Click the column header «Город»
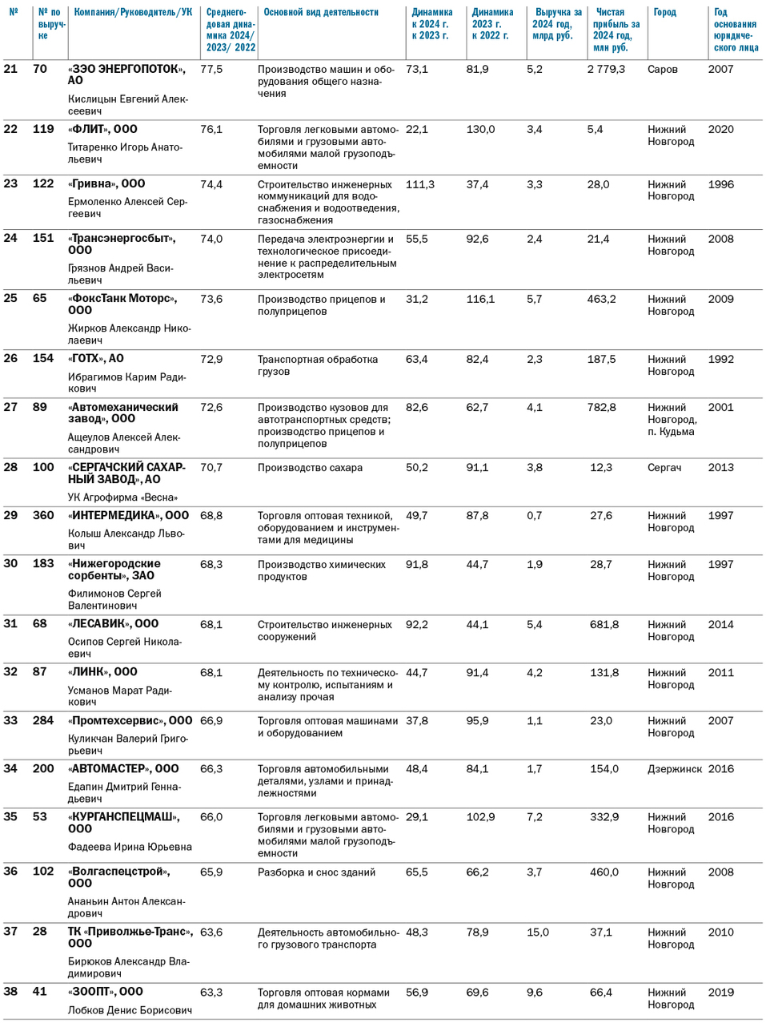click(x=664, y=13)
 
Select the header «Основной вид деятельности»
click(x=321, y=13)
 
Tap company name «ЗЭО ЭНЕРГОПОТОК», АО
click(x=126, y=75)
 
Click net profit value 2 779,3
click(x=606, y=70)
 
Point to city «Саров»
click(x=662, y=70)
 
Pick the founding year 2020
click(x=720, y=130)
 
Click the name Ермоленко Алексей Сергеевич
click(x=127, y=207)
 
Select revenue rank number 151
click(x=43, y=239)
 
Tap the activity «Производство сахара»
click(x=310, y=468)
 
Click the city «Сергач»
click(x=664, y=468)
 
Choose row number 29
click(x=10, y=516)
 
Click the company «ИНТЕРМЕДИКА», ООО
click(x=129, y=516)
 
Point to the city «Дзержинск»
click(x=674, y=769)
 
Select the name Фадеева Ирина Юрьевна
click(x=130, y=847)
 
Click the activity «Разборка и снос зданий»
click(x=316, y=872)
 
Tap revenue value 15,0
click(x=538, y=932)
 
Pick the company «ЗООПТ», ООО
click(x=106, y=992)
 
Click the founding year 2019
click(x=720, y=993)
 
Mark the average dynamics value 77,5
click(x=211, y=70)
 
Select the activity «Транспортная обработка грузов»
click(x=317, y=365)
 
